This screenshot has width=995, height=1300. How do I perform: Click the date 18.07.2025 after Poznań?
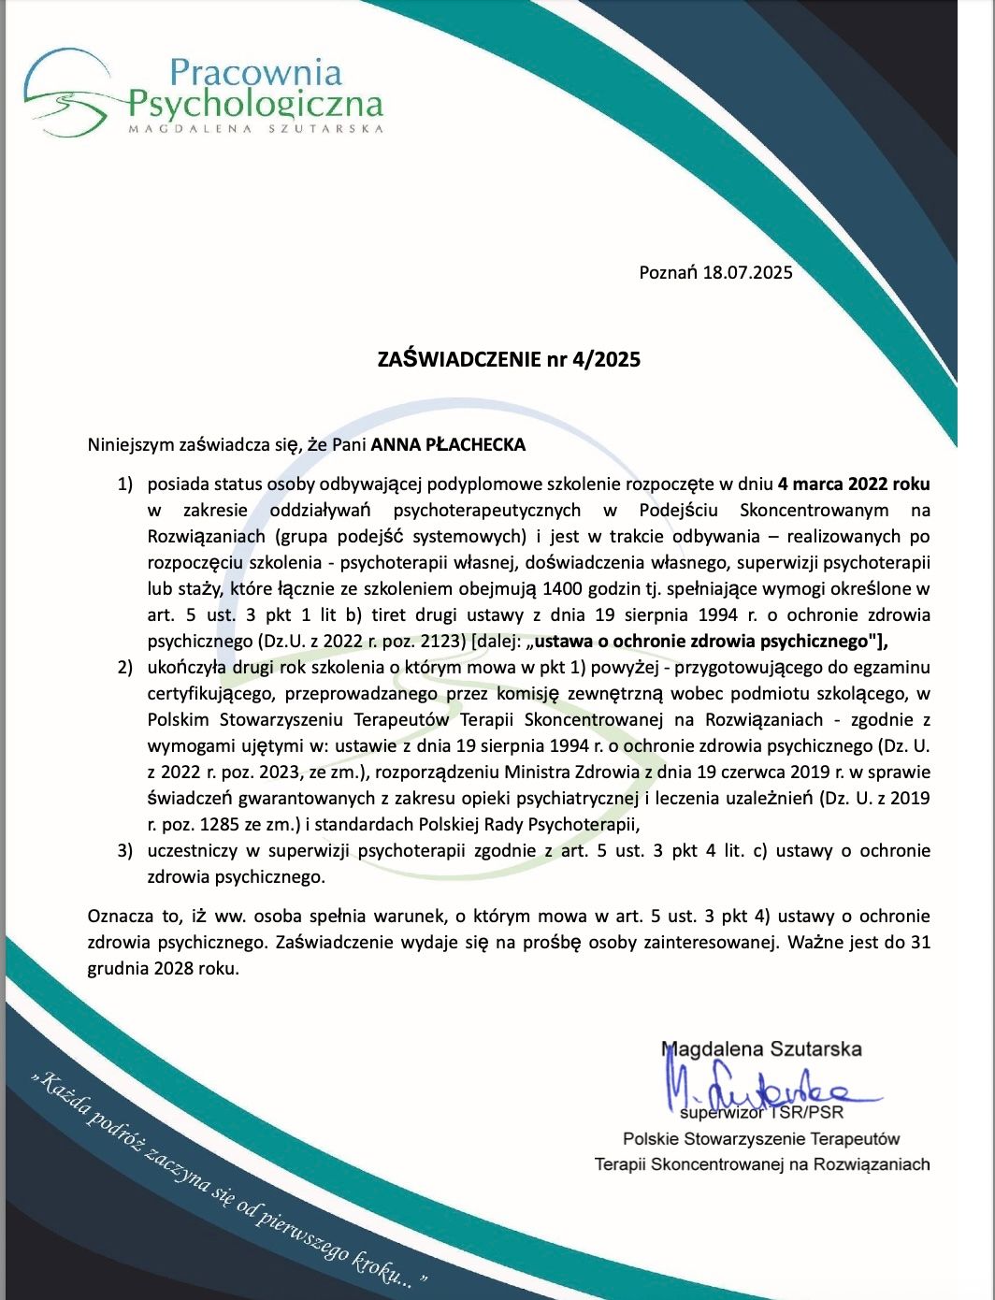click(748, 273)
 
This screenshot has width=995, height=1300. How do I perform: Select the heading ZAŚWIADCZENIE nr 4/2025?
click(509, 359)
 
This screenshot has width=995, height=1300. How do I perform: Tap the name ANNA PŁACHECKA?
click(448, 445)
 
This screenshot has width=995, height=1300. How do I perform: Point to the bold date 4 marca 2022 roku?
click(854, 484)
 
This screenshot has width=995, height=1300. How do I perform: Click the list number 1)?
click(125, 484)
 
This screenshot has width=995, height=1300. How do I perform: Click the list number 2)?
click(125, 668)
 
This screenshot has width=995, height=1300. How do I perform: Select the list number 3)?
click(125, 851)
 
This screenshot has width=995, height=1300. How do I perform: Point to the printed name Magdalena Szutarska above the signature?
click(761, 1049)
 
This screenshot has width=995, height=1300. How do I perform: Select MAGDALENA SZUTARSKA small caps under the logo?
click(255, 128)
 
